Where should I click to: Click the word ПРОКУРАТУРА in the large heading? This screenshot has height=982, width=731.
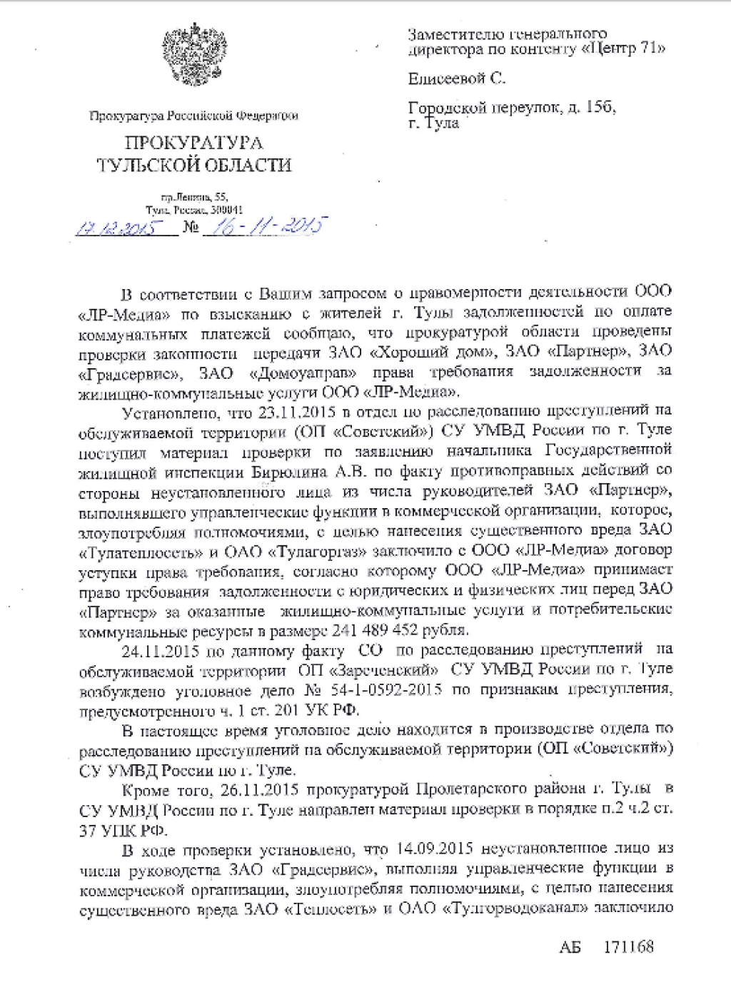pyautogui.click(x=193, y=143)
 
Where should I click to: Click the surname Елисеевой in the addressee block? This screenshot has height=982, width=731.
pyautogui.click(x=447, y=79)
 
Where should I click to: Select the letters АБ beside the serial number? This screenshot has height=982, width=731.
pyautogui.click(x=570, y=947)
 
